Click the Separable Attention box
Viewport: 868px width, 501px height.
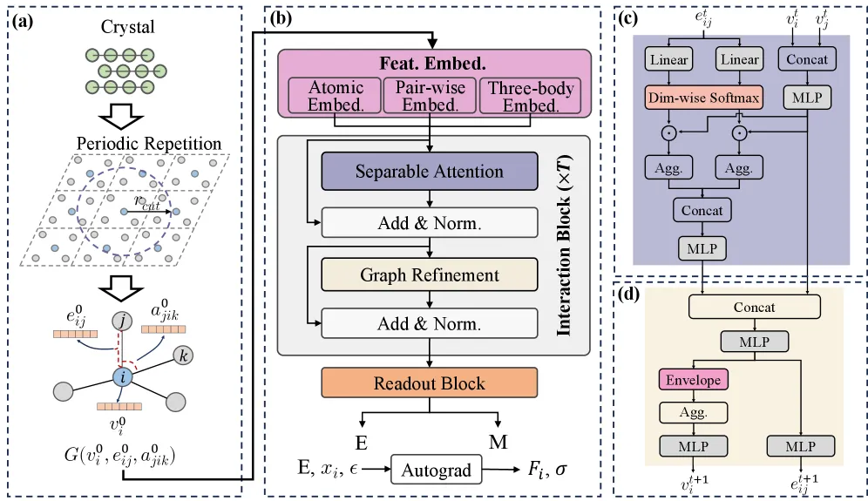pos(429,171)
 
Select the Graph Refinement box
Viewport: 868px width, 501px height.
pos(429,274)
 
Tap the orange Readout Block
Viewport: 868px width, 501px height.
pos(429,383)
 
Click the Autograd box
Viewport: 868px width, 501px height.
pos(437,470)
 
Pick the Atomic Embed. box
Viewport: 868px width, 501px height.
pos(336,96)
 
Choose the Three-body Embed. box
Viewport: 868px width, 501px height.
pos(531,96)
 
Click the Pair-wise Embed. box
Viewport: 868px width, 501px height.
pos(430,96)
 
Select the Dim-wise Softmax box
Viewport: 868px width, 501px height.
pos(703,98)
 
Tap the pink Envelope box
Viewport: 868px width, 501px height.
pos(693,380)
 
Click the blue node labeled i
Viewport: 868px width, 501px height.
pos(122,377)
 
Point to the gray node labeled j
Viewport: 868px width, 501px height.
pos(122,321)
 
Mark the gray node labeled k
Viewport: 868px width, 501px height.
pos(183,355)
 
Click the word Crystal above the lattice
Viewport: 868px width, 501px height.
pos(127,27)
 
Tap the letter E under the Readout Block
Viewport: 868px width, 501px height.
pos(361,443)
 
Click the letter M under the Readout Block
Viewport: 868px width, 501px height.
pos(498,442)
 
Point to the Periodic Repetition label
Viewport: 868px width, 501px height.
pos(149,144)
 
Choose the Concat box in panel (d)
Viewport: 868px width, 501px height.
pos(754,307)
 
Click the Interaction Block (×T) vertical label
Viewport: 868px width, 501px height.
pos(564,245)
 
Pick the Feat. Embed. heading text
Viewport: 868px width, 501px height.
pos(432,63)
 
